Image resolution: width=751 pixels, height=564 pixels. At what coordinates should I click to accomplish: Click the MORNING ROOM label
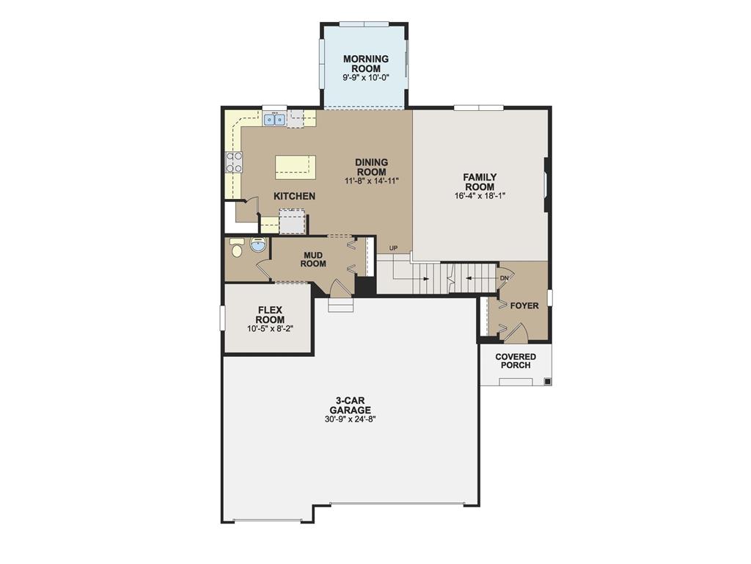(365, 64)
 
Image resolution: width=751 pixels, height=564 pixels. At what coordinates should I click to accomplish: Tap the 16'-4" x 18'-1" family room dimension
(480, 196)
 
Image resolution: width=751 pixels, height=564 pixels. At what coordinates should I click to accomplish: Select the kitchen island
(296, 167)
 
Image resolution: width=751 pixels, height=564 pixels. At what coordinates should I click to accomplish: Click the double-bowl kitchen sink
(275, 119)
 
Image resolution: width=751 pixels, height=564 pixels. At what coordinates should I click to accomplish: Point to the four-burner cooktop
(234, 162)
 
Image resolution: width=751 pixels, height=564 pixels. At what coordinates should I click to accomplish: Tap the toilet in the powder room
(236, 248)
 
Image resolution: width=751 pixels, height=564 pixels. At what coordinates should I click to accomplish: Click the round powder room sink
(258, 245)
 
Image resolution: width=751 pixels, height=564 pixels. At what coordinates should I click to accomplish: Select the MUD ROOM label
(313, 259)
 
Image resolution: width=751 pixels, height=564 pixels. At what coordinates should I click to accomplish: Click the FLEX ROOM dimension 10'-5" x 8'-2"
(270, 329)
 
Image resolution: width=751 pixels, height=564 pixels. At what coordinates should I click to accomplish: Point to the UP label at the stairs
(393, 248)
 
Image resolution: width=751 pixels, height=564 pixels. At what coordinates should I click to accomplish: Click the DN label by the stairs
(504, 278)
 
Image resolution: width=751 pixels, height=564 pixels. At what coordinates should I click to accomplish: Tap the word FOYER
(524, 305)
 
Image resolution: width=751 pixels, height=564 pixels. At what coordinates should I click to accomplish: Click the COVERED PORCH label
(516, 361)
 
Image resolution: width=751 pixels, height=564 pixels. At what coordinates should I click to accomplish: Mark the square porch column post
(546, 382)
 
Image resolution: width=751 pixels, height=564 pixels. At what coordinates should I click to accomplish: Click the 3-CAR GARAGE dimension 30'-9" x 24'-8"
(350, 420)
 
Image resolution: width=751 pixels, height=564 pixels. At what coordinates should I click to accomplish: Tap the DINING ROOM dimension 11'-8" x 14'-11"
(371, 181)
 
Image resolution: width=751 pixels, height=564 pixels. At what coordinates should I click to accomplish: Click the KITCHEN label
(294, 196)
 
